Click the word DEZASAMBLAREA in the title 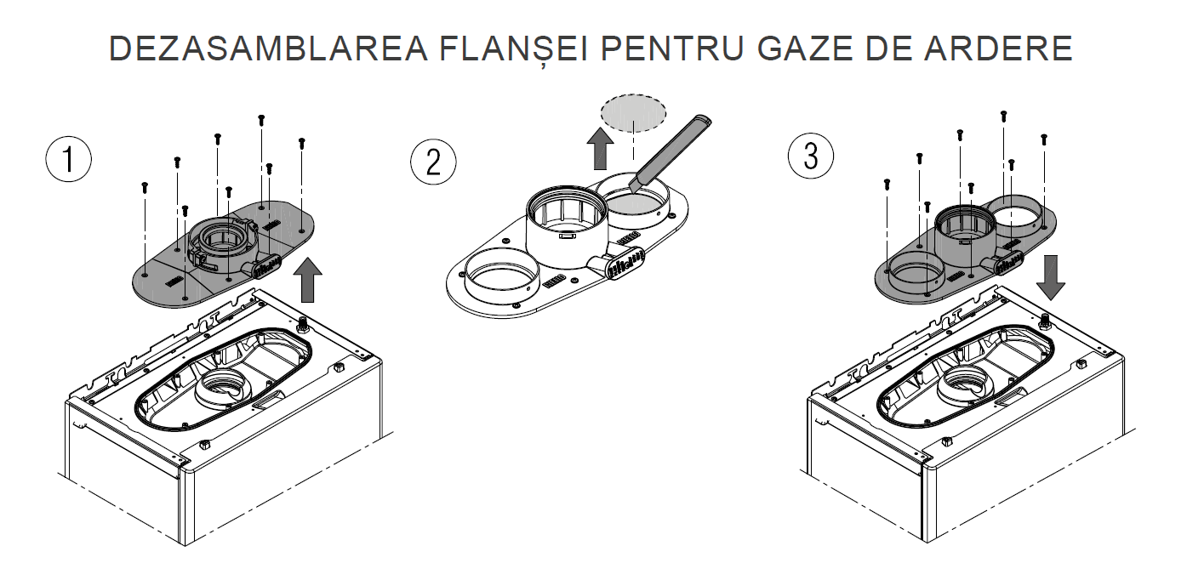(x=268, y=48)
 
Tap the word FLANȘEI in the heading (x=514, y=50)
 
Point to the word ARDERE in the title (x=998, y=48)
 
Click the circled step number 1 (x=68, y=159)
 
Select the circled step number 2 (x=433, y=162)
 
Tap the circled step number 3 (x=811, y=156)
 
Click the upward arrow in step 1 (x=307, y=280)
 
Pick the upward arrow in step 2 (x=600, y=149)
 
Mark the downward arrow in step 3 (x=1050, y=277)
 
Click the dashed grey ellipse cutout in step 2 (x=633, y=113)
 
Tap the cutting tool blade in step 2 (x=671, y=151)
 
